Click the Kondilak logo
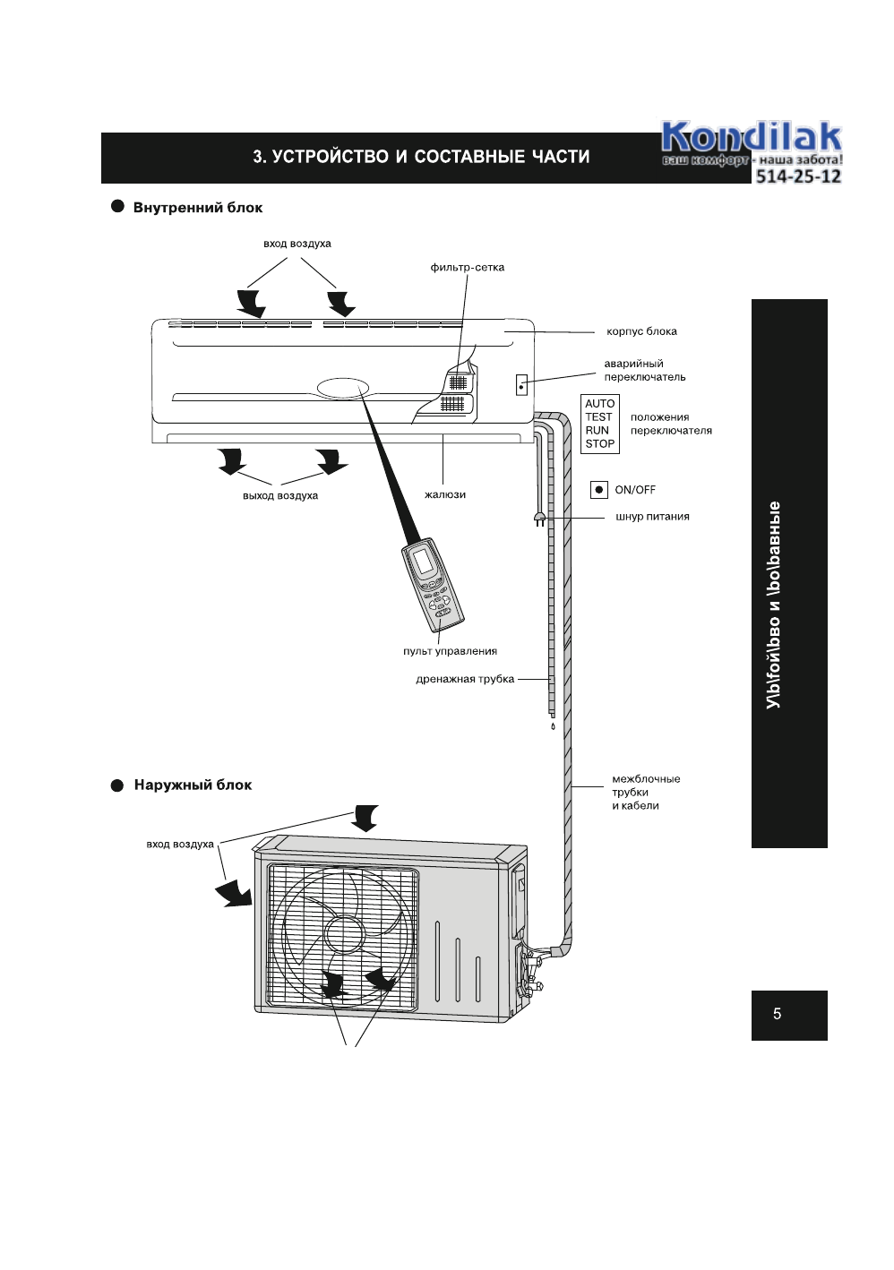coord(751,138)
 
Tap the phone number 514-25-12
coord(798,176)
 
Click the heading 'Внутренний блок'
coord(197,208)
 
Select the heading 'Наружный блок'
coord(193,785)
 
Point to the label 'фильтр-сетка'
coord(467,268)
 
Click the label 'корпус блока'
coord(641,331)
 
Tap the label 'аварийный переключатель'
coord(644,371)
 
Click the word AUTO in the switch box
coord(599,404)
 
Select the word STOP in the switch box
coord(599,444)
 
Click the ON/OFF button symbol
coord(599,490)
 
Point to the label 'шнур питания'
coord(652,517)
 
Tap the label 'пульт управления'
coord(450,651)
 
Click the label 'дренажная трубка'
coord(465,679)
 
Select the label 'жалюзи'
coord(445,494)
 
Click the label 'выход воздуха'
coord(280,495)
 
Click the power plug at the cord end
coord(539,519)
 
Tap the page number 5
coord(777,1014)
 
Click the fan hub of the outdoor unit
coord(343,934)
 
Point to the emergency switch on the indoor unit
coord(521,386)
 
